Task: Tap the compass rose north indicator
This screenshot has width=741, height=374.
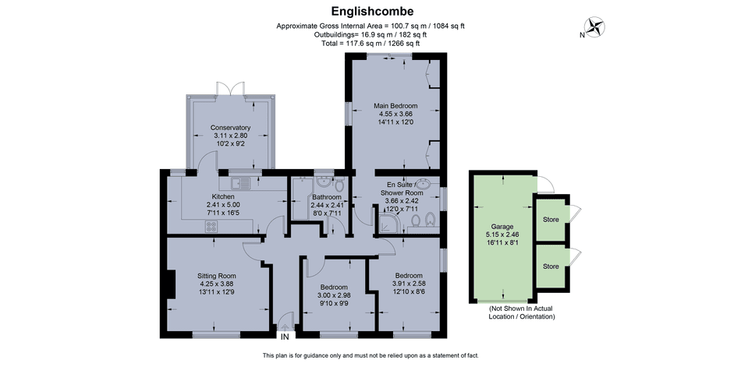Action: click(x=597, y=27)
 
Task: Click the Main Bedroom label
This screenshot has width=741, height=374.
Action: click(x=395, y=106)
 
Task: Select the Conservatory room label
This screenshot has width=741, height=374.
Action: click(x=230, y=128)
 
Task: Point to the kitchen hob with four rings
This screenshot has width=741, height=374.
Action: click(x=211, y=226)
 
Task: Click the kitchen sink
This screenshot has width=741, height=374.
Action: click(x=245, y=183)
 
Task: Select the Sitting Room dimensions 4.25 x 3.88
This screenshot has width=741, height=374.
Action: click(x=216, y=284)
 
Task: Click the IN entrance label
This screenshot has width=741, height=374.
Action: click(x=285, y=337)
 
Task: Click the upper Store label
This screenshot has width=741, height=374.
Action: click(x=551, y=220)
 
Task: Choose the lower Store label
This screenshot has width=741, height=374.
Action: click(x=551, y=266)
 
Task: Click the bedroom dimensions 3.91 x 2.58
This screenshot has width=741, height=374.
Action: click(x=408, y=284)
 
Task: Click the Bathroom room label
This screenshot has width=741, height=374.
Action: click(x=326, y=197)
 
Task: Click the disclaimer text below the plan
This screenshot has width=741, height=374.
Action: click(x=370, y=355)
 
